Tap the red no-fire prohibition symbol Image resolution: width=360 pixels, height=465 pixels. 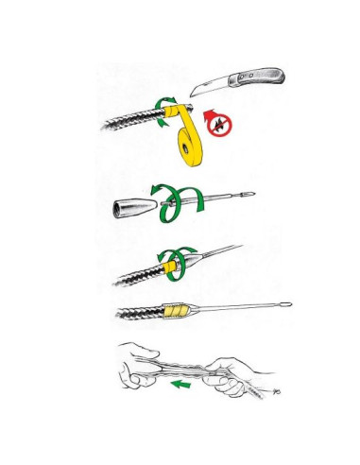click(222, 124)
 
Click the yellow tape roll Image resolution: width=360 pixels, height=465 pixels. click(188, 144)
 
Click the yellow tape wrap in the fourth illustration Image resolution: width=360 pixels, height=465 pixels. click(176, 309)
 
